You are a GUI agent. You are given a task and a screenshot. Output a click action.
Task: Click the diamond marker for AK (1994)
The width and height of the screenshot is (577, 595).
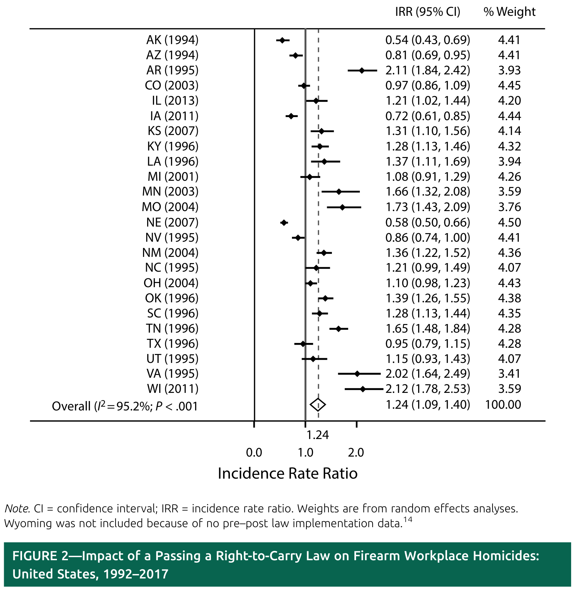(x=282, y=40)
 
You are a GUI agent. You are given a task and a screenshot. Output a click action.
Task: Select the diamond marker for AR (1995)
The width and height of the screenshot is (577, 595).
(x=362, y=71)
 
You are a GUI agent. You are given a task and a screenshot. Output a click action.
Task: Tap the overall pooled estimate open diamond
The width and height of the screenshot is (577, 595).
(x=318, y=405)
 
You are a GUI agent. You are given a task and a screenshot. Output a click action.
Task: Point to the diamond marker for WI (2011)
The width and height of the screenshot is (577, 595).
(x=362, y=389)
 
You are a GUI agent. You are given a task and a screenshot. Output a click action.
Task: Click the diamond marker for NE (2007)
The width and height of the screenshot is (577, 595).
(x=284, y=223)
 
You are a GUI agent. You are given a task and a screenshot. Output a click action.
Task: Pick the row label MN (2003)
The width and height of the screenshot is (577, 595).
(x=170, y=191)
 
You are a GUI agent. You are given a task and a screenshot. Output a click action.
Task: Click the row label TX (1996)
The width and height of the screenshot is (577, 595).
(x=172, y=344)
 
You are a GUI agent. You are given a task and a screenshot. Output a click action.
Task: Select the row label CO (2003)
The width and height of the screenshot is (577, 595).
(x=171, y=85)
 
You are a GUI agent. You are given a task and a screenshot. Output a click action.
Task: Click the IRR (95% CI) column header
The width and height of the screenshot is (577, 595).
(x=427, y=12)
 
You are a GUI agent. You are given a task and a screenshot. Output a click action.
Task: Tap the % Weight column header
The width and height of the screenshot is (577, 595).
(x=509, y=12)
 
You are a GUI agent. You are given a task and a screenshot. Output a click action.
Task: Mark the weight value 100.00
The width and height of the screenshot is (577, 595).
(x=503, y=405)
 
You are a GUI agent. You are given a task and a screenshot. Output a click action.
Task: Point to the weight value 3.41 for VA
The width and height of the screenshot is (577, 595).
(x=509, y=374)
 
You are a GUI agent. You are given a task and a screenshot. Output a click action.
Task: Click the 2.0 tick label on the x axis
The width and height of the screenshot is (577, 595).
(x=356, y=452)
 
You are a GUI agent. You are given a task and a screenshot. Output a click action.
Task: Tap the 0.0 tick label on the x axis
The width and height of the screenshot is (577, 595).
(x=254, y=452)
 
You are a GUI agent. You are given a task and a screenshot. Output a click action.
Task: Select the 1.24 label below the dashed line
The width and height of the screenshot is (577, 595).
(x=318, y=435)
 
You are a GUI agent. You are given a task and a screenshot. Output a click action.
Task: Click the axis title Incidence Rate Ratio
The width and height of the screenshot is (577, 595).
(x=288, y=474)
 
